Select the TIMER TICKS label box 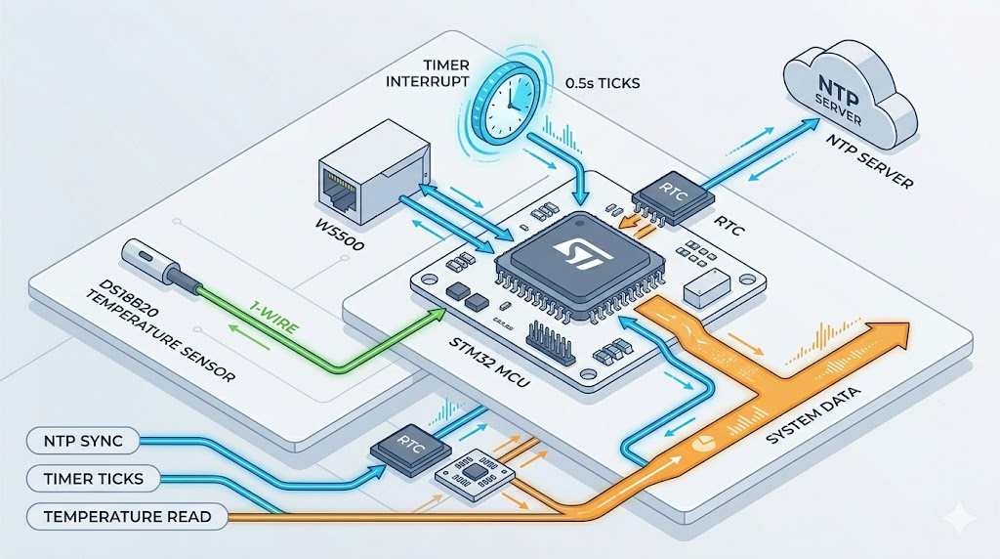tap(88, 478)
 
